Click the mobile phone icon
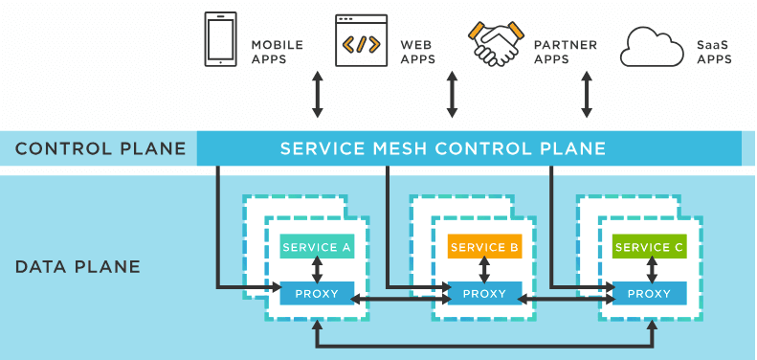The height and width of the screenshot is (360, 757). click(220, 39)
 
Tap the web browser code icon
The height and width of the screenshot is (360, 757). click(361, 40)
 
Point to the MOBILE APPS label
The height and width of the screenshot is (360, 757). click(277, 52)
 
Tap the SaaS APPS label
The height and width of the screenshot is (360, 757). click(713, 52)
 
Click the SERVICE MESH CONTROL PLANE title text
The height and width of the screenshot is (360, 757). click(442, 148)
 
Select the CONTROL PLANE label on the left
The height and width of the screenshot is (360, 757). click(100, 148)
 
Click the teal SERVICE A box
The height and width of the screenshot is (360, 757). click(317, 247)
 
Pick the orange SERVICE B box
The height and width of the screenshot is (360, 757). click(484, 247)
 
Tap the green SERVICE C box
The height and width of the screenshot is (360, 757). click(650, 247)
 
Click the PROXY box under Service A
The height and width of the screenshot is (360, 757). click(317, 293)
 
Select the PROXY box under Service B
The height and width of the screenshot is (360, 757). click(484, 293)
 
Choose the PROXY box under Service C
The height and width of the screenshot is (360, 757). click(650, 293)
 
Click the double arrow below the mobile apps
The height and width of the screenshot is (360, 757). click(318, 93)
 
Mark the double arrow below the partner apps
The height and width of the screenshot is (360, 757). click(586, 93)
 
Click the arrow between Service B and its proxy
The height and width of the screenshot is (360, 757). click(484, 270)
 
